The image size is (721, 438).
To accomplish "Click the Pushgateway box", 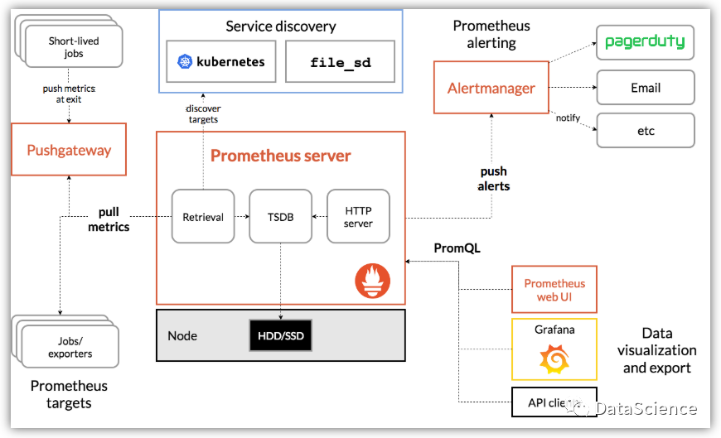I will click(x=69, y=150).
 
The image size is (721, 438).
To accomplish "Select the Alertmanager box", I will click(x=491, y=88).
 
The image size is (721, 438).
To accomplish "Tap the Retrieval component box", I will click(x=203, y=216).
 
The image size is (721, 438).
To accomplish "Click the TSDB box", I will click(x=280, y=216).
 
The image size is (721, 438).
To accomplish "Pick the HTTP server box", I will click(x=358, y=216).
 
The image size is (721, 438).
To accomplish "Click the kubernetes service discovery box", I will click(x=221, y=61).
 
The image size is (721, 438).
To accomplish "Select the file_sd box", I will click(x=340, y=62).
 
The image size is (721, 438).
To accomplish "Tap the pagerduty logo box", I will click(x=646, y=42).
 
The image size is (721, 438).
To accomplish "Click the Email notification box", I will click(x=646, y=87).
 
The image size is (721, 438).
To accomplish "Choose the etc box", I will click(x=646, y=131).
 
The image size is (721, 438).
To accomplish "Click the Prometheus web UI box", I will click(x=554, y=290).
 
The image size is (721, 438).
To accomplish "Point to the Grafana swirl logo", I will click(x=554, y=359).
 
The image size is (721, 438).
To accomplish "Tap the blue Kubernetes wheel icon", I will click(x=185, y=61).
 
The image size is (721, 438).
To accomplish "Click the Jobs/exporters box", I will click(x=70, y=348).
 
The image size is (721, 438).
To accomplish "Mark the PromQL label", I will click(x=457, y=248).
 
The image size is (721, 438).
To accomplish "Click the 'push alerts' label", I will click(x=494, y=179).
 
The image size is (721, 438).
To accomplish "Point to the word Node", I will click(x=182, y=335).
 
